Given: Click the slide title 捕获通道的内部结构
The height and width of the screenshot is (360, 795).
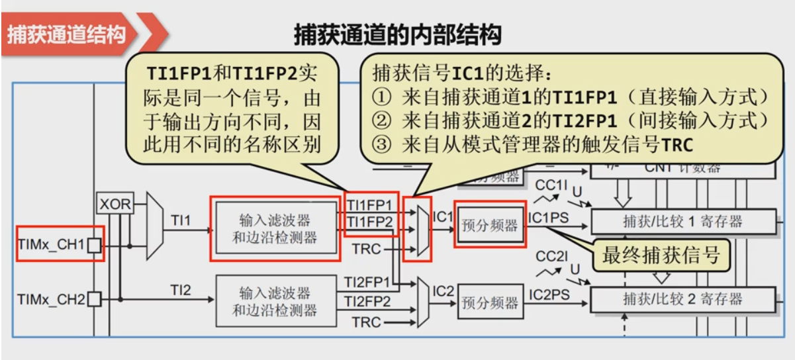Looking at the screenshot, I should [397, 34].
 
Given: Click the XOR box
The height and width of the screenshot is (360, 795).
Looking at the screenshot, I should [115, 204].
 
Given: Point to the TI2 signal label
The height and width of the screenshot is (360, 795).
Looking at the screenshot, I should [181, 289].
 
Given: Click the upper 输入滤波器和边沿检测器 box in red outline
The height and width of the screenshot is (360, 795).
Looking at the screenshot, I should [275, 228].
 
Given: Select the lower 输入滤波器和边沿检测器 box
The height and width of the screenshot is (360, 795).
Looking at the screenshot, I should [275, 301].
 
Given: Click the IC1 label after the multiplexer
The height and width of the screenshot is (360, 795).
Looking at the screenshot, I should [442, 216].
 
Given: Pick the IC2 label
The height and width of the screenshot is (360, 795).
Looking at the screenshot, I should [443, 290].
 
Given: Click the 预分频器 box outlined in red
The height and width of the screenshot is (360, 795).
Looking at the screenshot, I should [490, 225].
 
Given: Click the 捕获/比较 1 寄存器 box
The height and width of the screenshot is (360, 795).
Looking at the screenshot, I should [682, 222].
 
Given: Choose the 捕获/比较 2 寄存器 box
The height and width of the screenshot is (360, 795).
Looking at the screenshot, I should [682, 299].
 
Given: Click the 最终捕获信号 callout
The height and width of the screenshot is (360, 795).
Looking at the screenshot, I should [660, 255].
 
